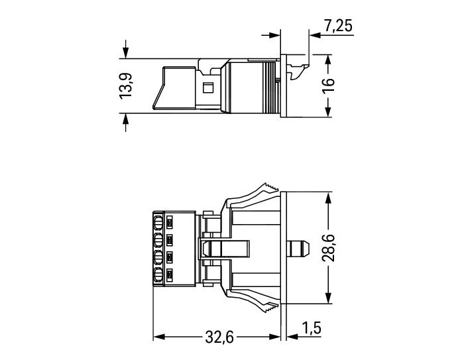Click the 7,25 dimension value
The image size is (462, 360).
pos(338,26)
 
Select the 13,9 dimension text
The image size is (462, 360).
pos(126,86)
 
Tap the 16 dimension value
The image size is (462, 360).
pos(328,86)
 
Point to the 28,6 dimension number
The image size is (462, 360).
pos(328,248)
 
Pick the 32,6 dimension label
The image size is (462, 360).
pos(219,337)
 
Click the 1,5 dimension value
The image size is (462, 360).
pos(312,328)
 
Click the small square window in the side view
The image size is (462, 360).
pos(208,88)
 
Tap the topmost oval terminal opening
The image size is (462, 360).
pos(158,223)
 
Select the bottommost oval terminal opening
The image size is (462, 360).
pos(158,275)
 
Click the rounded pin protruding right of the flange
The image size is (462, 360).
pos(298,248)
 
